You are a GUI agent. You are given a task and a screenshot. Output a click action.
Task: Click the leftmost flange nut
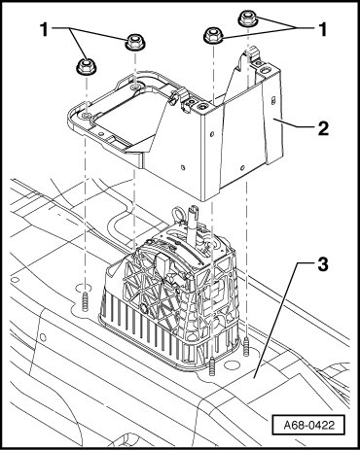pos(87,67)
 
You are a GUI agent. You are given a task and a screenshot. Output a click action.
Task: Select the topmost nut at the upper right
pos(248,18)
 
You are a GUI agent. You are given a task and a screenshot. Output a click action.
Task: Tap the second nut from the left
pos(135,42)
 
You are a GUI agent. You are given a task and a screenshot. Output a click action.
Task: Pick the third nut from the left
pos(213,34)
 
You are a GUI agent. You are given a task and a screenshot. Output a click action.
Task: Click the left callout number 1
pos(45,30)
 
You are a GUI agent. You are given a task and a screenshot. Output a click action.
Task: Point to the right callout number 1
pos(322,30)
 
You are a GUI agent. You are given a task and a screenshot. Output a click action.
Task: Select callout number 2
pos(323,128)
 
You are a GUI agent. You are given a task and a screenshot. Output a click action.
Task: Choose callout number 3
pos(322,264)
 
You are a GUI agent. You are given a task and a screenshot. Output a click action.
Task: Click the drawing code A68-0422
pos(308,425)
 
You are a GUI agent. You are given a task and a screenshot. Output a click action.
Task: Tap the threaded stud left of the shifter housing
pos(86,301)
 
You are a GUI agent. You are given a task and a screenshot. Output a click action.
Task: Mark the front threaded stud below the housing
pos(212,366)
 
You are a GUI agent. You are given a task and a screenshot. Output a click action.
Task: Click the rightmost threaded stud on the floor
pos(246,347)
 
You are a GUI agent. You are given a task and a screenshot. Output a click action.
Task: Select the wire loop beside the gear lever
pos(178,216)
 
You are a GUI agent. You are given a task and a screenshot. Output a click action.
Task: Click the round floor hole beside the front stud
pos(231,364)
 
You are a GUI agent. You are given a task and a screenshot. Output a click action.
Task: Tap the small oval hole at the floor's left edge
pos(16,279)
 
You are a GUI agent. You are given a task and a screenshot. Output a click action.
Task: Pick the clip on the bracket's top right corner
pos(255,55)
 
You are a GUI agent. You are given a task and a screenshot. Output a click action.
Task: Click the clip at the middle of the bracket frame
pos(177,96)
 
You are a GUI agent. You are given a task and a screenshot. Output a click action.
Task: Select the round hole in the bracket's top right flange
pos(266,69)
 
